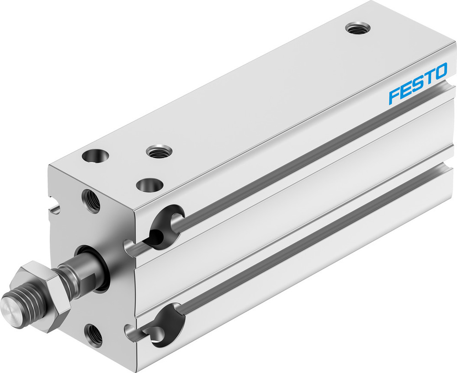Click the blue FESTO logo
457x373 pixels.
[x=418, y=78]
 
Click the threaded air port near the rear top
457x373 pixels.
[x=358, y=28]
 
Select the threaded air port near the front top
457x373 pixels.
[x=158, y=151]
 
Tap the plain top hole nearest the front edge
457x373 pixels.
[x=149, y=185]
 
